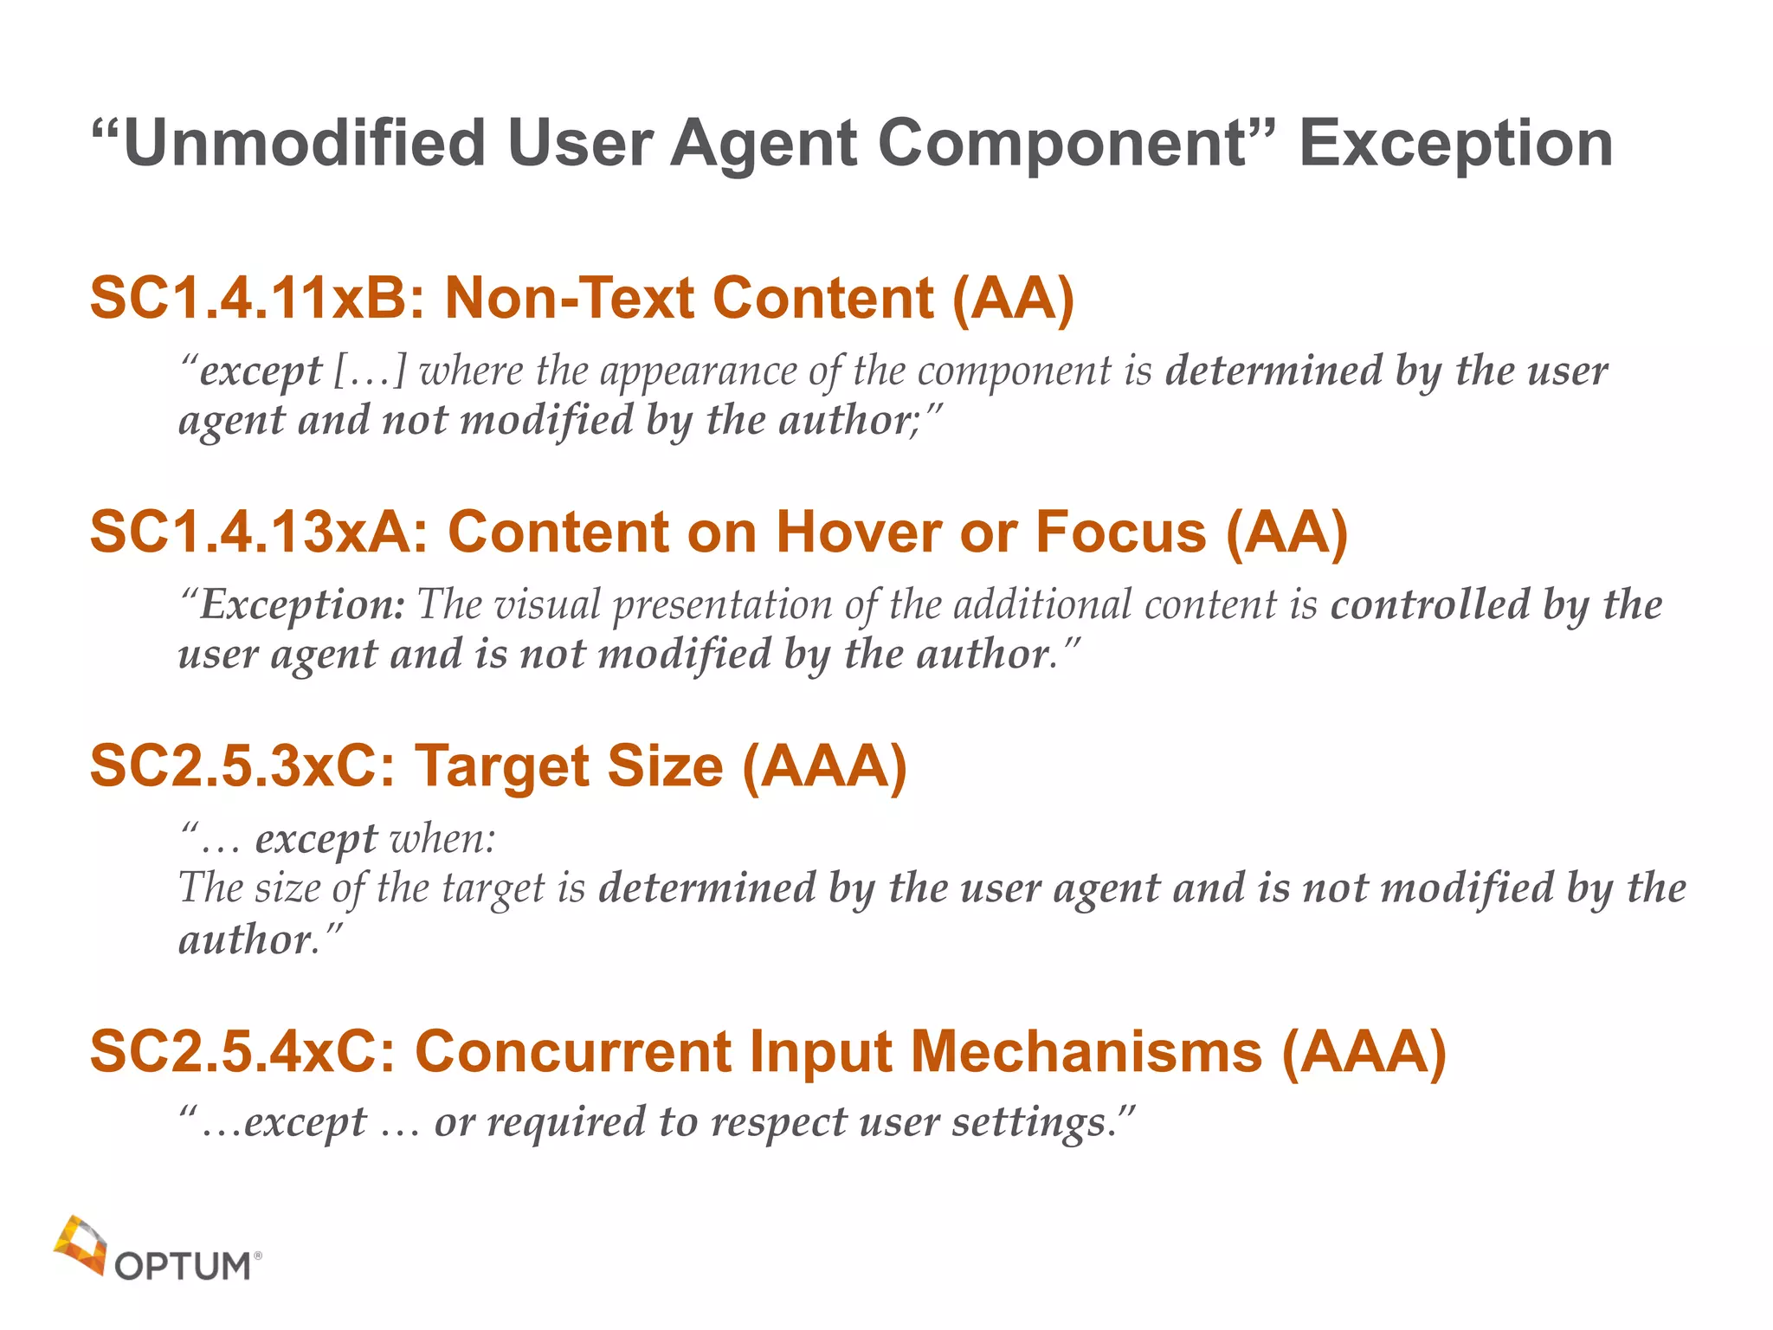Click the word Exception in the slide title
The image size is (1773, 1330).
pyautogui.click(x=1456, y=144)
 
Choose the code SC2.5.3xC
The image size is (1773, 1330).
pyautogui.click(x=243, y=766)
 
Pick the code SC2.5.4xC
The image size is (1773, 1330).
pyautogui.click(x=243, y=1052)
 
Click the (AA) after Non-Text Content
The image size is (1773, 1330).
pyautogui.click(x=1013, y=299)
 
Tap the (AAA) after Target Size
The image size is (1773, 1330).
pyautogui.click(x=824, y=766)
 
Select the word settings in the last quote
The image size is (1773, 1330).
pyautogui.click(x=1030, y=1123)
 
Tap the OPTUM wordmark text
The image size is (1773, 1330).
pyautogui.click(x=183, y=1266)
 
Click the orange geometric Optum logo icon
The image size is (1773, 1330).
pyautogui.click(x=80, y=1244)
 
